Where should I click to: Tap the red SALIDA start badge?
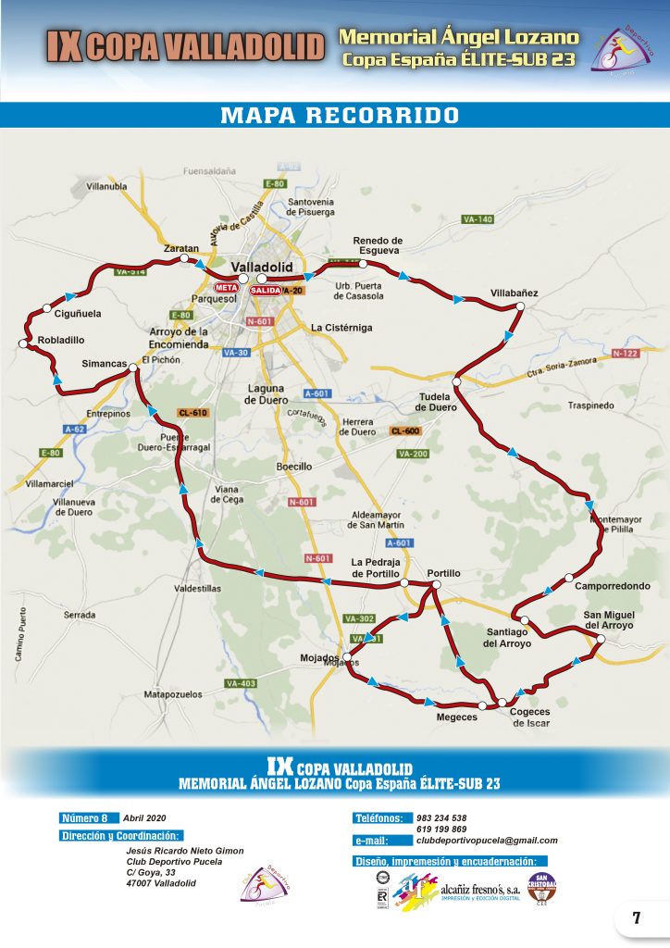point(266,291)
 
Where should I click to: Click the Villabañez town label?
point(514,293)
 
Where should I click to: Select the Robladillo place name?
point(61,340)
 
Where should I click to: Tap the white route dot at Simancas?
point(133,368)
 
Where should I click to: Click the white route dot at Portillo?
point(435,586)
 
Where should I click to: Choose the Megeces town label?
point(456,717)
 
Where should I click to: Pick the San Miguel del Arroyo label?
point(609,620)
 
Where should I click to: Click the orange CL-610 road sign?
point(193,412)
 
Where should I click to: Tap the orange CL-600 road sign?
point(405,431)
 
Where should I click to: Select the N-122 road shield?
point(626,354)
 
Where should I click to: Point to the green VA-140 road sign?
point(478,219)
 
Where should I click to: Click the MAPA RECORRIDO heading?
point(339,116)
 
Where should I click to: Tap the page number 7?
point(637,918)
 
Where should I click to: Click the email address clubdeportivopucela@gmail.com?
point(487,841)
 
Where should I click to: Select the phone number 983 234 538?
point(441,817)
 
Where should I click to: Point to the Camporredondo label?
point(613,586)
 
